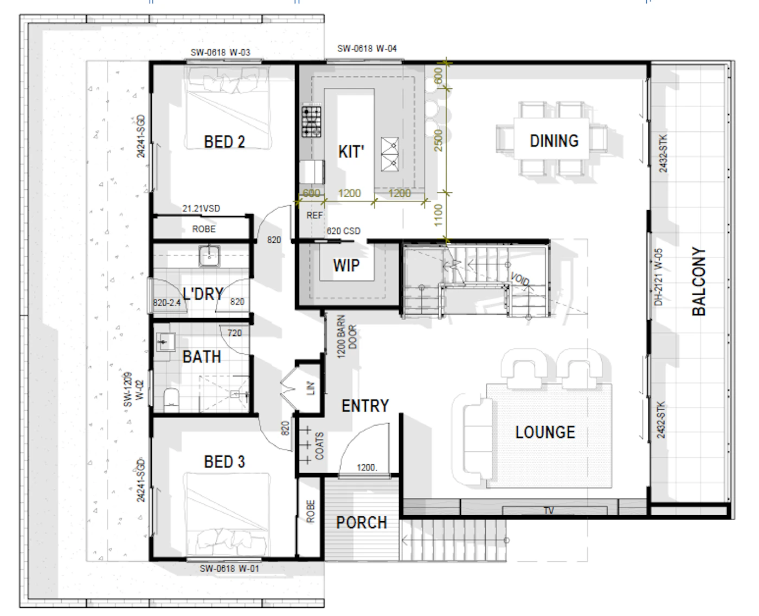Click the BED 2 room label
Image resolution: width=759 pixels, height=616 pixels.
pos(224,142)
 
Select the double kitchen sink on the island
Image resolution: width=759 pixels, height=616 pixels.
pos(389,154)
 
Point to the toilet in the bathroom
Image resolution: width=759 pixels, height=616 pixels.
pos(172,400)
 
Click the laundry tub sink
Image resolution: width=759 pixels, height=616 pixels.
pos(209,256)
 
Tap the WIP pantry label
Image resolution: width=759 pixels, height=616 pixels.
pos(346,265)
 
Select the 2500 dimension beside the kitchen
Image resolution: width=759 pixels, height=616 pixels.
pos(438,140)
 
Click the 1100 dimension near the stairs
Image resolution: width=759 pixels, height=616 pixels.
pos(438,215)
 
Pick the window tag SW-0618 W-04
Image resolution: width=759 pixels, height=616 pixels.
pos(367,48)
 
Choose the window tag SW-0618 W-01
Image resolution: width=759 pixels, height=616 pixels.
pos(229,568)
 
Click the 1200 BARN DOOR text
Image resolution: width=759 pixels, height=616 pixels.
pos(346,336)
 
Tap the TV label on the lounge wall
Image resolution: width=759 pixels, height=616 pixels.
pos(549,510)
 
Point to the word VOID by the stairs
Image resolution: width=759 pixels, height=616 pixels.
pos(520,279)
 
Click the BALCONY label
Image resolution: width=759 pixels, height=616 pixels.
pos(699,281)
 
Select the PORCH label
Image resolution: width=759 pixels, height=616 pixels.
pos(361,523)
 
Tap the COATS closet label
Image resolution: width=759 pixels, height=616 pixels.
pos(319,446)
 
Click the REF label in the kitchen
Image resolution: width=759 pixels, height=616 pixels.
pos(314,215)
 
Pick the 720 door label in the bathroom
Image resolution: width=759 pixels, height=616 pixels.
pos(234,333)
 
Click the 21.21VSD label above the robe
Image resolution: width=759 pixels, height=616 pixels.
pos(201,208)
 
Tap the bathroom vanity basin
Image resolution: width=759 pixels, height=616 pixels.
pos(166,342)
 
